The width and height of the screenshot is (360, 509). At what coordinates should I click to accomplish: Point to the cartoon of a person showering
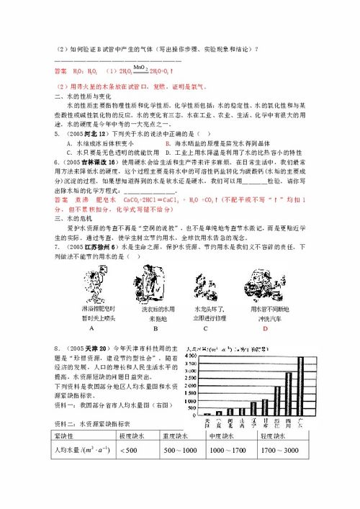click(91, 288)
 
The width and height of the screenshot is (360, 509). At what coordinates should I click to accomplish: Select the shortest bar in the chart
click(208, 414)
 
